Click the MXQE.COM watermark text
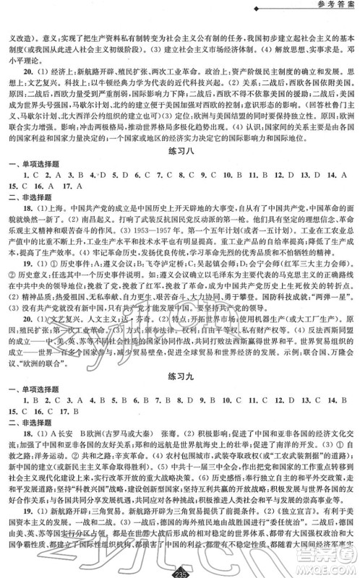point(329,570)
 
